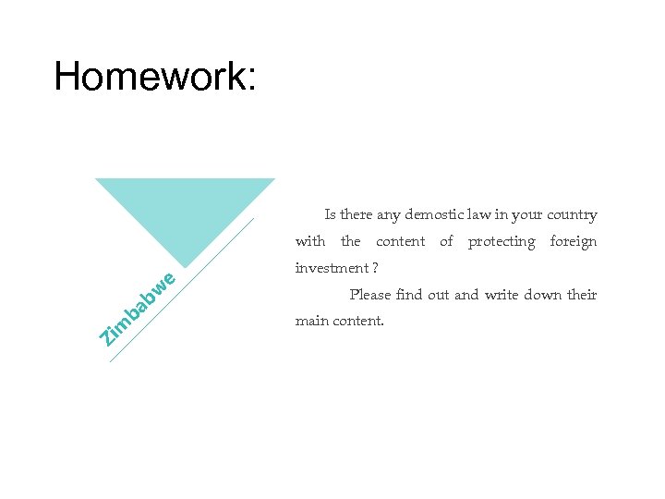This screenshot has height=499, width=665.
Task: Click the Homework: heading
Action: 155,77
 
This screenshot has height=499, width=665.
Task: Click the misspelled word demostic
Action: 433,215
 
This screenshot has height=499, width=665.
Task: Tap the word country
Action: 572,215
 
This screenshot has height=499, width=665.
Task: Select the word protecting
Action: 502,242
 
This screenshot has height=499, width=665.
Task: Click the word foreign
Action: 574,242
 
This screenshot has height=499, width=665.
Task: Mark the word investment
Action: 329,268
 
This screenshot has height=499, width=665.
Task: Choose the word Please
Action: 369,295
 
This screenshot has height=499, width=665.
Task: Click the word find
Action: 408,295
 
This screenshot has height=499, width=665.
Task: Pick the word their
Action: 583,295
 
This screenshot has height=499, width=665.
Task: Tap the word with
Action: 310,242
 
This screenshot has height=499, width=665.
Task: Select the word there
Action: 357,215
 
